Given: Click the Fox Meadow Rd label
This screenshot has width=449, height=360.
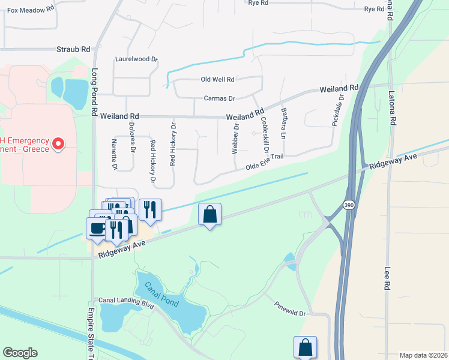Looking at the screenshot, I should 31,10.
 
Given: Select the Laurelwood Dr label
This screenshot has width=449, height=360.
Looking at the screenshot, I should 136,59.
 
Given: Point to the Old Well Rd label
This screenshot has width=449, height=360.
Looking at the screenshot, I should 217,79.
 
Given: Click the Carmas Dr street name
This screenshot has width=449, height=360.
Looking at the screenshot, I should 219,98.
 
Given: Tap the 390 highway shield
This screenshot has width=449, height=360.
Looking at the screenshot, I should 348,206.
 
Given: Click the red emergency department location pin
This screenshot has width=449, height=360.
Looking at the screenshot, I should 58,144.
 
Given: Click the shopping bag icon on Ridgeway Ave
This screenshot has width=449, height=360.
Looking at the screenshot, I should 210,214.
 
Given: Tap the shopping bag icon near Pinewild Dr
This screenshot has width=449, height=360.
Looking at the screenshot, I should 305,346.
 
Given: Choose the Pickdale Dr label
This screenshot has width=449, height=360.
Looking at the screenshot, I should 338,110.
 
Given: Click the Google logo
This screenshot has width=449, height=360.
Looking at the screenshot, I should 20,353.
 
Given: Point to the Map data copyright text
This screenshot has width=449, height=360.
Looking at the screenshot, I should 424,355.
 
